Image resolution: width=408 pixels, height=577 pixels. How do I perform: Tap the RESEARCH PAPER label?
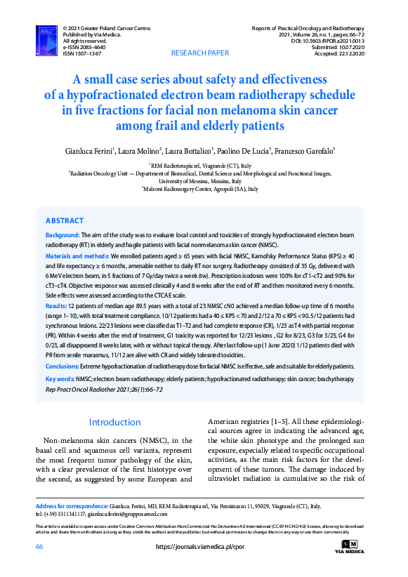(200, 53)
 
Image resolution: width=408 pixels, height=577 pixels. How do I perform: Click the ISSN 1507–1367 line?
(81, 53)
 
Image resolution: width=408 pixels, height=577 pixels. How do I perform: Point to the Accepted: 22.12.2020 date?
(343, 53)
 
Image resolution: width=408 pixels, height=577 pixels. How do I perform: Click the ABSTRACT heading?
(65, 220)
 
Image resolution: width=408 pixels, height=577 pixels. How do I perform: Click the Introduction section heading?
(116, 423)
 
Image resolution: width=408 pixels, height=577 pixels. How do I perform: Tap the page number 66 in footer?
(40, 548)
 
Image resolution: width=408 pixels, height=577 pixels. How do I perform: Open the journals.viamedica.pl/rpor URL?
(199, 548)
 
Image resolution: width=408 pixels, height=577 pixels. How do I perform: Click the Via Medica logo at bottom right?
(354, 546)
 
